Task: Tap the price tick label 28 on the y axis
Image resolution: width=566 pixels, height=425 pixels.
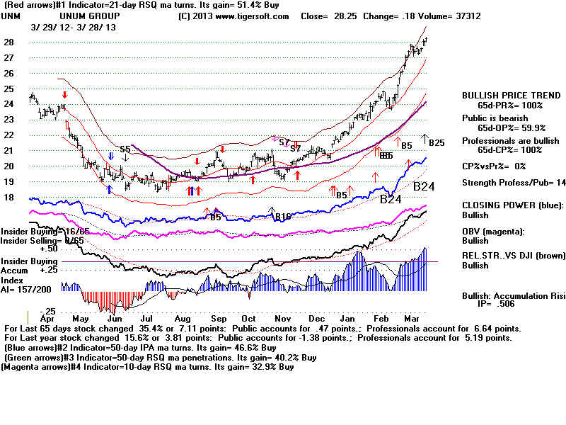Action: click(x=8, y=42)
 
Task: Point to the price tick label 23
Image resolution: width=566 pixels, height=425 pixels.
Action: click(x=8, y=119)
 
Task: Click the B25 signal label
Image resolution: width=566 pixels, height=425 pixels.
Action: click(x=436, y=143)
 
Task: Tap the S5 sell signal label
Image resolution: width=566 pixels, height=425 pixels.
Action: click(x=125, y=149)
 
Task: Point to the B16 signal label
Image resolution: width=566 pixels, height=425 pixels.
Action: click(x=283, y=216)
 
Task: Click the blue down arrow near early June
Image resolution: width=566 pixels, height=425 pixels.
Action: click(x=111, y=156)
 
